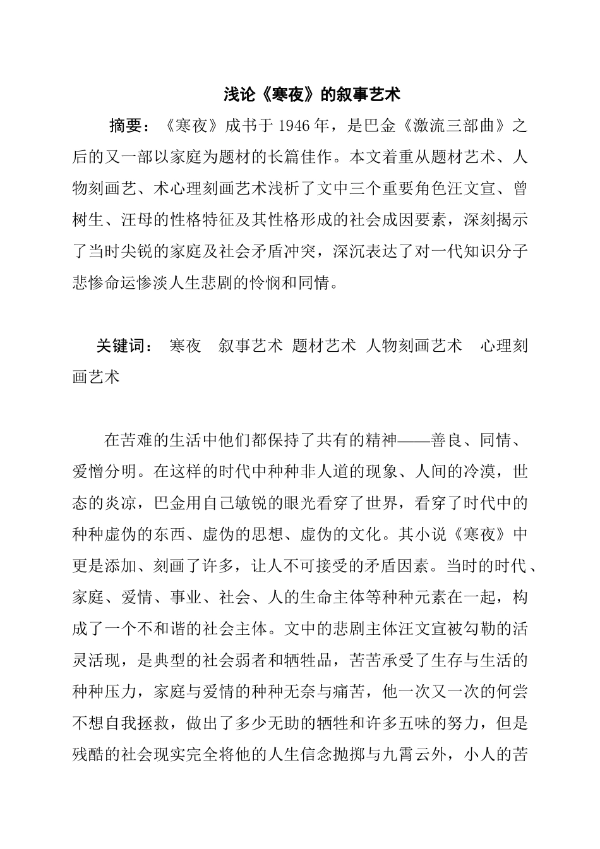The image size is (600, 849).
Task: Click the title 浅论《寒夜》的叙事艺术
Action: click(312, 95)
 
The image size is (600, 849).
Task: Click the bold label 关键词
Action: click(120, 346)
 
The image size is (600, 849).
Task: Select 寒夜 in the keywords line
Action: click(186, 346)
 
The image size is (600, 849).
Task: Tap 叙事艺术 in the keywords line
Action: click(250, 346)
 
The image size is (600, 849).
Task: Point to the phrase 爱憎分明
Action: click(104, 472)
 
